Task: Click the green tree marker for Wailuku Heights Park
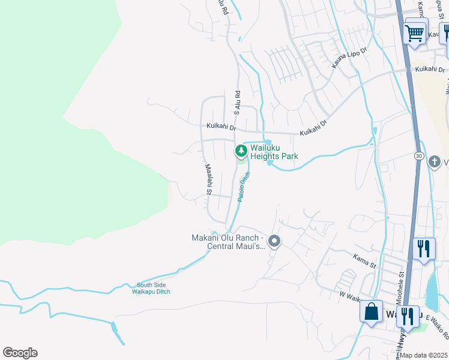pos(241,150)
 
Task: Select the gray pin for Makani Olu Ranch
pos(274,242)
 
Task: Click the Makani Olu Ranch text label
pos(228,242)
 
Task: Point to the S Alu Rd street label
pos(237,103)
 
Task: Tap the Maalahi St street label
pos(208,180)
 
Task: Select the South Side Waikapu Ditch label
pos(153,289)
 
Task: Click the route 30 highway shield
pos(418,156)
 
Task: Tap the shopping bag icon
pos(371,312)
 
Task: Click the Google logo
pos(20,353)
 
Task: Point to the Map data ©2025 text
pos(424,355)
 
